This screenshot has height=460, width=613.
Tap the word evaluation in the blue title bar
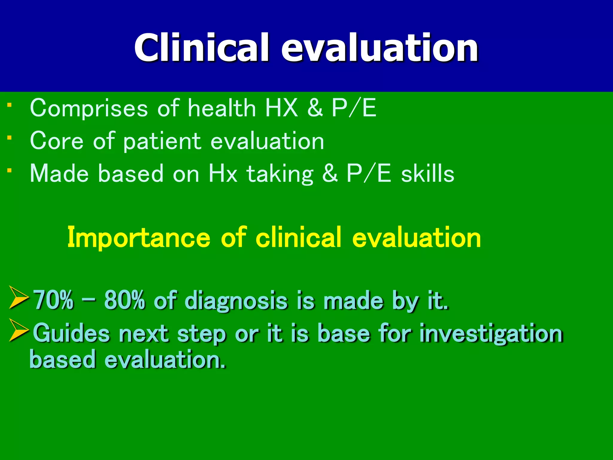point(379,48)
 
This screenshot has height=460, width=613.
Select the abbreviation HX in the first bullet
point(281,108)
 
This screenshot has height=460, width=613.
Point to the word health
point(221,108)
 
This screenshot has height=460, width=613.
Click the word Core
point(57,141)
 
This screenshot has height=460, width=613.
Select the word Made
point(59,174)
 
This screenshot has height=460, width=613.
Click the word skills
point(427,174)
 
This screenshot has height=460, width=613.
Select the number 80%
point(125,300)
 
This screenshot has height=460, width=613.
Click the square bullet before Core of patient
point(10,138)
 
